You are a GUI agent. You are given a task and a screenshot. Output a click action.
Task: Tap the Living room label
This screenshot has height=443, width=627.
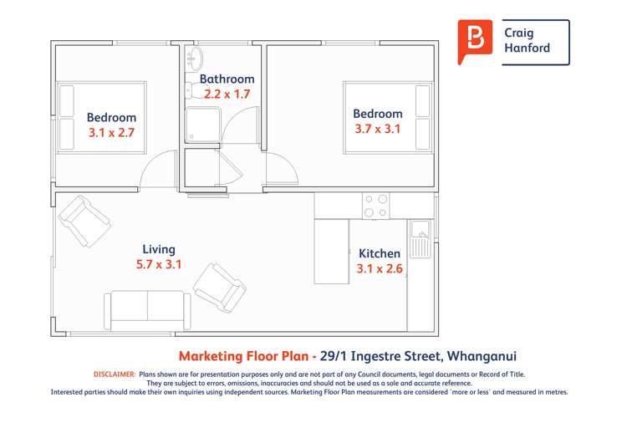pyautogui.click(x=159, y=249)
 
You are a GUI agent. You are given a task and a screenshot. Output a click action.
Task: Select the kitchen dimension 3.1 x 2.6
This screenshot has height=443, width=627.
pyautogui.click(x=380, y=268)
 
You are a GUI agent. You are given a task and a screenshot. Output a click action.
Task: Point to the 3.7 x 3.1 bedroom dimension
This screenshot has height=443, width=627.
pyautogui.click(x=377, y=129)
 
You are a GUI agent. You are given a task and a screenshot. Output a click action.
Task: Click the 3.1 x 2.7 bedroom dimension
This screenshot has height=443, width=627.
pyautogui.click(x=111, y=132)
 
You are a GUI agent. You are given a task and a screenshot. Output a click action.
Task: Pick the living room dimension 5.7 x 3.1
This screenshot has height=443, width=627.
pyautogui.click(x=159, y=264)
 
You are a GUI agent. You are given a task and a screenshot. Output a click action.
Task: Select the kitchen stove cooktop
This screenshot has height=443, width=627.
pyautogui.click(x=375, y=206)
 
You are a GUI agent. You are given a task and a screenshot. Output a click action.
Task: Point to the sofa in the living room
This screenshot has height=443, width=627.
pyautogui.click(x=148, y=310)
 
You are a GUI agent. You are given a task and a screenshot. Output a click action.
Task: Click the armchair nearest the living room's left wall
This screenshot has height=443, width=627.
pyautogui.click(x=84, y=221)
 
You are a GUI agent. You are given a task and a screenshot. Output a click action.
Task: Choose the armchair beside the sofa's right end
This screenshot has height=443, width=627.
pyautogui.click(x=220, y=288)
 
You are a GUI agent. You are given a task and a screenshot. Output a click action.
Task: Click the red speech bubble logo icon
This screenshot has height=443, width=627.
pyautogui.click(x=476, y=41)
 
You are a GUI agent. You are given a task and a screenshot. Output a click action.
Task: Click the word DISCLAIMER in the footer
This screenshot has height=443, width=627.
pyautogui.click(x=114, y=374)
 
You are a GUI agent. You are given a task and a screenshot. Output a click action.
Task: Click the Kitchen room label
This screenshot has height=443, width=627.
pyautogui.click(x=380, y=253)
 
